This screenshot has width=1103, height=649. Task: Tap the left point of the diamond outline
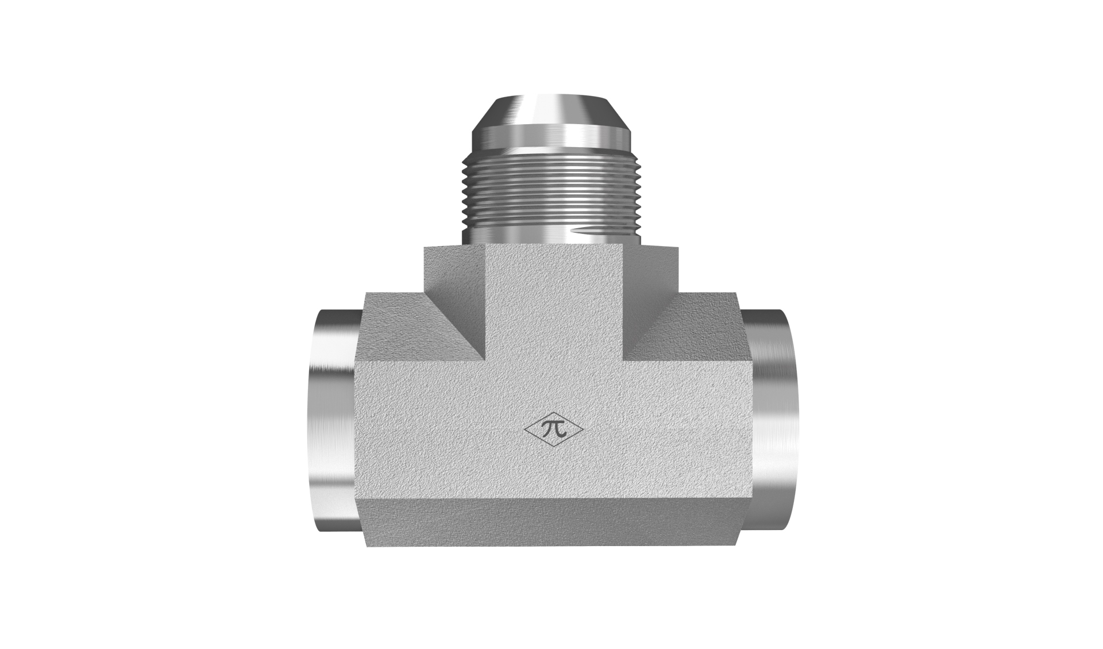[524, 429]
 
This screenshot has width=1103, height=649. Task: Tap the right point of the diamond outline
[584, 429]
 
